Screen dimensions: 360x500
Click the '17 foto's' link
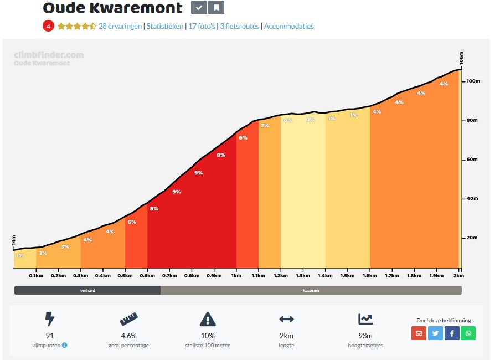pyautogui.click(x=202, y=26)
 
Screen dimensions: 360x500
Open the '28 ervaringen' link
pyautogui.click(x=120, y=26)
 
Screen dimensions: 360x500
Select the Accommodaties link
pyautogui.click(x=288, y=26)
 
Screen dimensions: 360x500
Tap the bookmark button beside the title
pyautogui.click(x=217, y=8)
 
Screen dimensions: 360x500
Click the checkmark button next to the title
pyautogui.click(x=199, y=8)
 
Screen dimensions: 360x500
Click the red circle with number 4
pyautogui.click(x=48, y=26)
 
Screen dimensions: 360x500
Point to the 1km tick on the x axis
pyautogui.click(x=236, y=275)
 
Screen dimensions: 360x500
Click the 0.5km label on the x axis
pyautogui.click(x=125, y=275)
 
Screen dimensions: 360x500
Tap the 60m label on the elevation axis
pyautogui.click(x=471, y=160)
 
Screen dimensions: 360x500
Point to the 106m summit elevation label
pyautogui.click(x=461, y=58)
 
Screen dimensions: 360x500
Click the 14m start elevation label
pyautogui.click(x=14, y=241)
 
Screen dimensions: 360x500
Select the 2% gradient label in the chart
pyautogui.click(x=265, y=126)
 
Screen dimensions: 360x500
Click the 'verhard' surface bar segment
pyautogui.click(x=87, y=290)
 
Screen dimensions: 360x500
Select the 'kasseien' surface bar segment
pyautogui.click(x=311, y=290)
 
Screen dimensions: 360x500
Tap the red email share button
pyautogui.click(x=419, y=333)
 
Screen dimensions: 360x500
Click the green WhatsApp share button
pyautogui.click(x=468, y=333)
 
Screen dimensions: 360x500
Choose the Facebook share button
pyautogui.click(x=452, y=333)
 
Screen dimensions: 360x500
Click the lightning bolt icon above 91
pyautogui.click(x=50, y=319)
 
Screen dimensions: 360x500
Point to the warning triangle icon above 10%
pyautogui.click(x=208, y=319)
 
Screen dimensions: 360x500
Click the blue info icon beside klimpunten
pyautogui.click(x=65, y=346)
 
